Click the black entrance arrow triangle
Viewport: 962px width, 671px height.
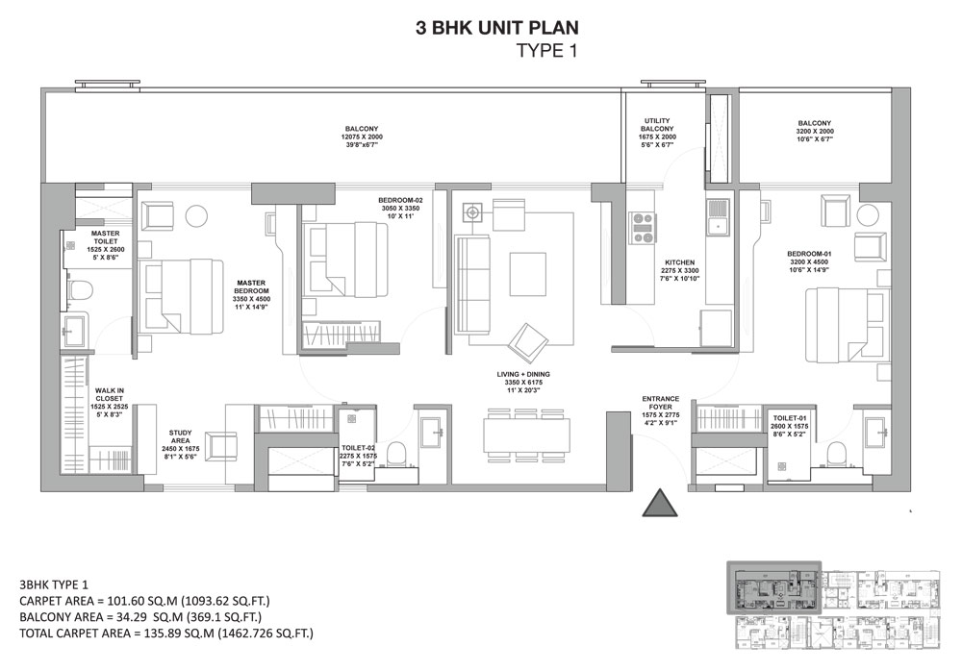click(x=660, y=504)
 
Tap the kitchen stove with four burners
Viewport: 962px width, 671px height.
click(x=642, y=228)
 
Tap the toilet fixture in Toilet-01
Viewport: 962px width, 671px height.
click(x=834, y=452)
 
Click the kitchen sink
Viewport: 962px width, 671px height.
click(x=717, y=220)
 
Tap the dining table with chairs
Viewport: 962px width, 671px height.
click(x=525, y=434)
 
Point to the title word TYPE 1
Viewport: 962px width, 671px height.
click(x=546, y=52)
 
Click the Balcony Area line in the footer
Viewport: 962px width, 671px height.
click(x=139, y=616)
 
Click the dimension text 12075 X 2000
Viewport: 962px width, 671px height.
click(x=361, y=138)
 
